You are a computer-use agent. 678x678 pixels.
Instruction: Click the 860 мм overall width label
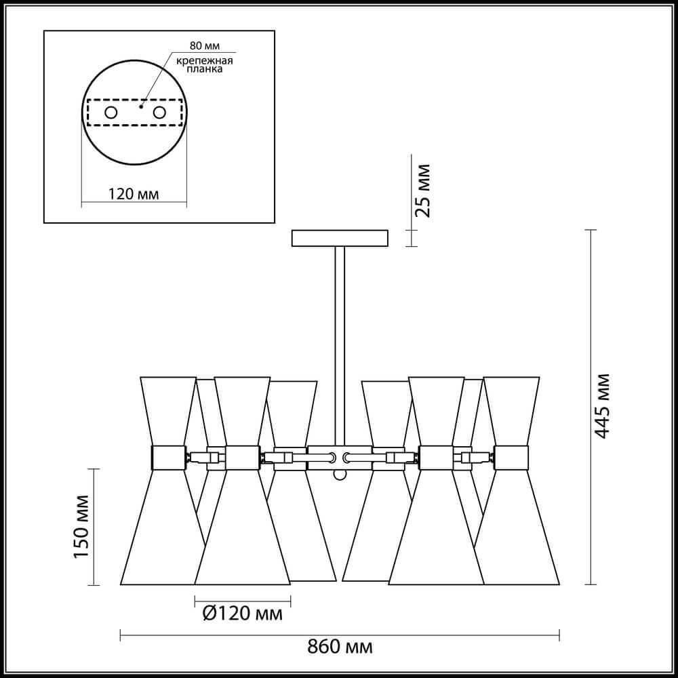pyautogui.click(x=340, y=647)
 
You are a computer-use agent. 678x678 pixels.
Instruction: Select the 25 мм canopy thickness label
pyautogui.click(x=423, y=191)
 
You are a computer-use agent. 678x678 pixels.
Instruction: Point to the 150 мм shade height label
pyautogui.click(x=81, y=527)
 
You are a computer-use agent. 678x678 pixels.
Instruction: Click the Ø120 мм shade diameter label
pyautogui.click(x=243, y=614)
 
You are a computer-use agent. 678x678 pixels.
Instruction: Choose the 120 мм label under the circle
pyautogui.click(x=133, y=194)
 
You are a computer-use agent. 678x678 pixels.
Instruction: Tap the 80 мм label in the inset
pyautogui.click(x=205, y=45)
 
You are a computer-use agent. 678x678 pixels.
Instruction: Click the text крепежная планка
pyautogui.click(x=205, y=64)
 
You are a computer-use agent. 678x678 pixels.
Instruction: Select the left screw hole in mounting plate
pyautogui.click(x=111, y=113)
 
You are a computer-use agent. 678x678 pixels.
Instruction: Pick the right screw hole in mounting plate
pyautogui.click(x=159, y=113)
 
